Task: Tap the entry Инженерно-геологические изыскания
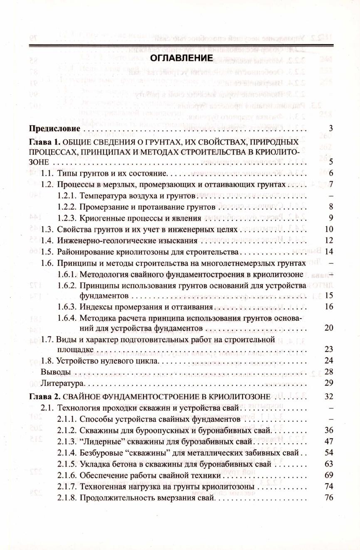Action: (x=127, y=240)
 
